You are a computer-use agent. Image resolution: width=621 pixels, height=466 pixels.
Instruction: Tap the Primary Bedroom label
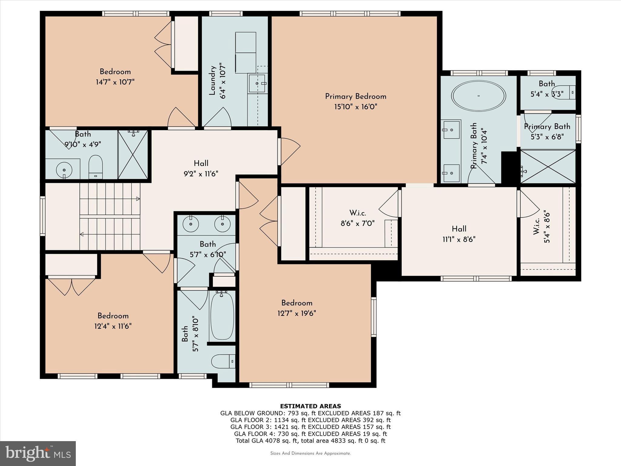tap(356, 96)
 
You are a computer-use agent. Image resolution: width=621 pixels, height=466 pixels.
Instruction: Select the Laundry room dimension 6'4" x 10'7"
tap(223, 81)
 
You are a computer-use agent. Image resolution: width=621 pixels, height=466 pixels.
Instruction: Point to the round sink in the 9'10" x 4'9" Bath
tap(64, 169)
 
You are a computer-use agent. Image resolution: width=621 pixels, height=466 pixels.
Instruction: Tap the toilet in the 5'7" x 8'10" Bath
tap(223, 361)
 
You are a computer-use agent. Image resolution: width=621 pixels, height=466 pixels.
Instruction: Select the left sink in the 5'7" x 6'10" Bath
tap(191, 224)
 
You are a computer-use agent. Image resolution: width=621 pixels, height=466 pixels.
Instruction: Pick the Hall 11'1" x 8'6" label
tap(459, 234)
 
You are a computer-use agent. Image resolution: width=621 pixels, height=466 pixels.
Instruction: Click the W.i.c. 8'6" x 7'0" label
tap(357, 218)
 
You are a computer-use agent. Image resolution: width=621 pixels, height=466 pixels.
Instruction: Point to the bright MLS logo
tap(38, 453)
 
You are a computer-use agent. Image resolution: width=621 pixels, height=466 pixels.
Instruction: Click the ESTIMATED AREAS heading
tap(310, 406)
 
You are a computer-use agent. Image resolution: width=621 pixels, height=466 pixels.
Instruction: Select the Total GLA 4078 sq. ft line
tap(310, 441)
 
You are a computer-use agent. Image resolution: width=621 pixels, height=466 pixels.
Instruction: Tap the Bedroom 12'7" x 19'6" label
tap(297, 308)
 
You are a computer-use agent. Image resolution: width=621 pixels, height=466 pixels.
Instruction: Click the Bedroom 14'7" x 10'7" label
tap(115, 77)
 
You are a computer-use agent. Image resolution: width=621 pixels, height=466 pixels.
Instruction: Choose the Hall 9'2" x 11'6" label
tap(201, 168)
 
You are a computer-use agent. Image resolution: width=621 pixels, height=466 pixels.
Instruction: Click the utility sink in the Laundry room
tap(257, 83)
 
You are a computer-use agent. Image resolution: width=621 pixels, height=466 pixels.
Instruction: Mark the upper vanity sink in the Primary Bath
tap(451, 130)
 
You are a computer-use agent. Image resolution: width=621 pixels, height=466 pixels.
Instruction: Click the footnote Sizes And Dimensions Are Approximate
tap(310, 453)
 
